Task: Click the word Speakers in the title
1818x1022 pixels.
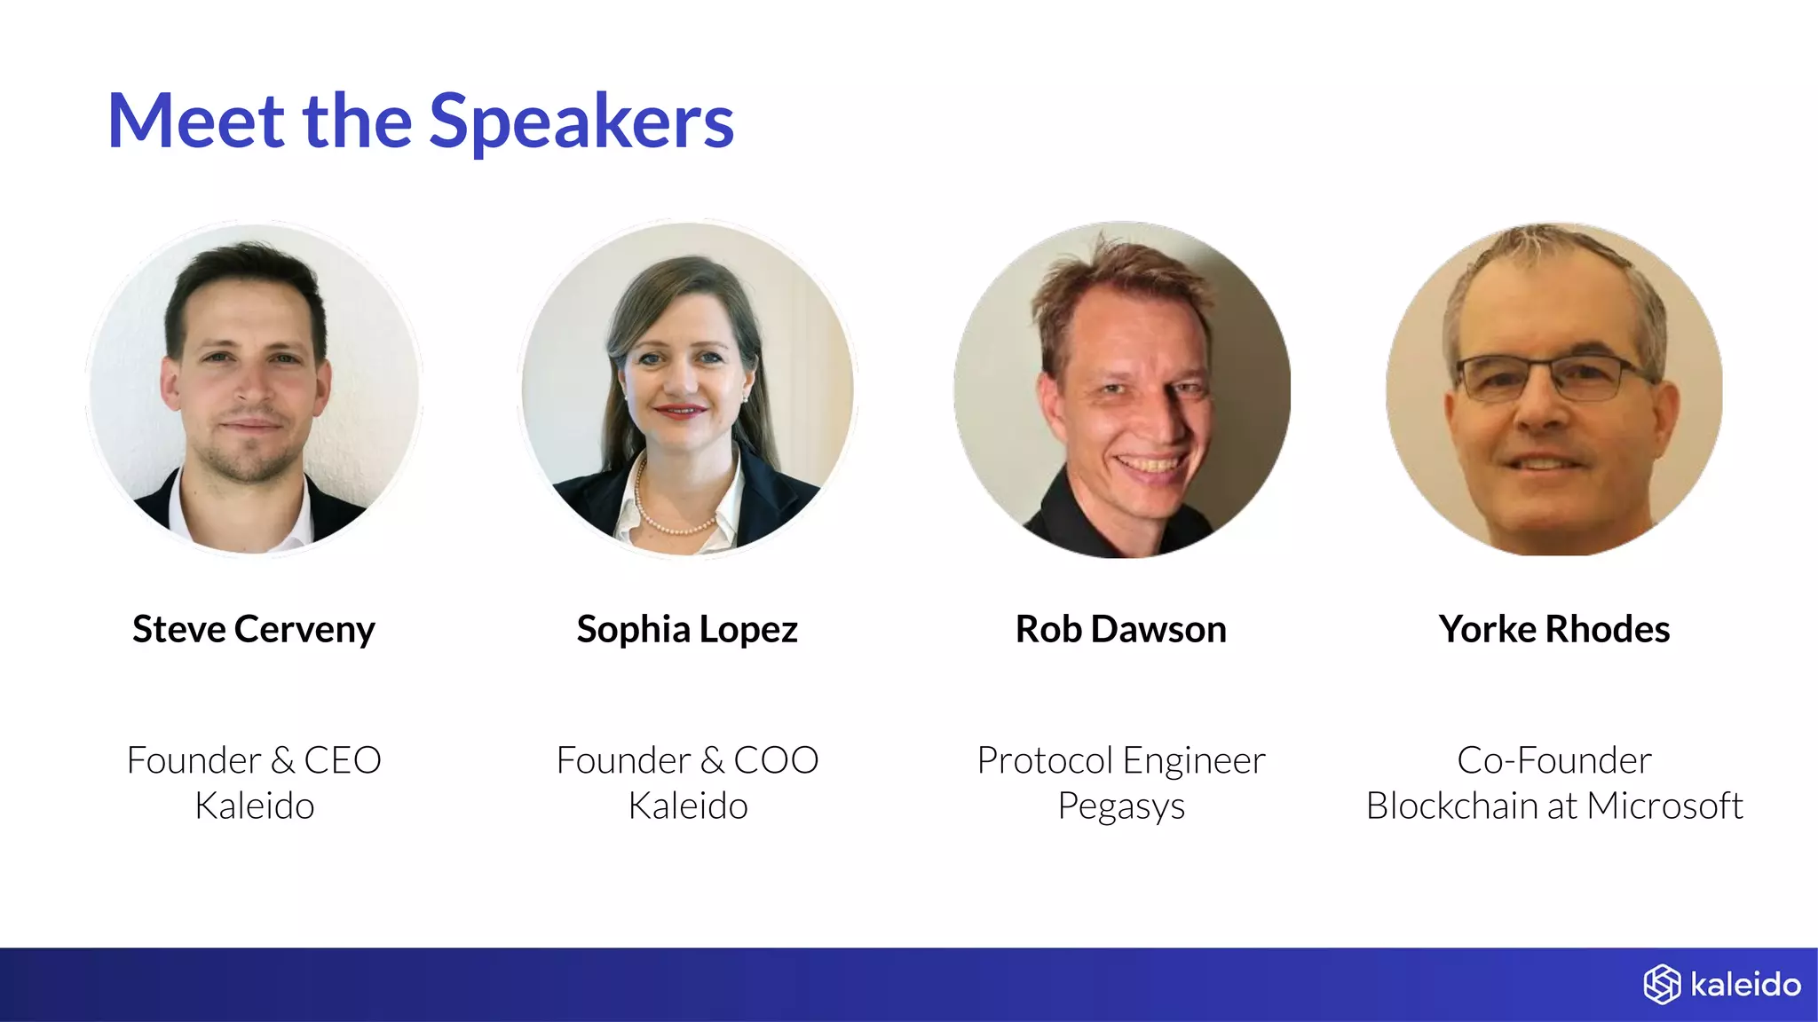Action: [x=581, y=122]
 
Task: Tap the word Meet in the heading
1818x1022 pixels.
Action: [x=196, y=122]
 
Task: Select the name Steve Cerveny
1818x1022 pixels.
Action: [x=254, y=629]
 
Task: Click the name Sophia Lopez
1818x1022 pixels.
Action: [x=687, y=629]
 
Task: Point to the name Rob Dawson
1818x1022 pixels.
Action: [x=1121, y=629]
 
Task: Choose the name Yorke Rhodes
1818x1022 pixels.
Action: [x=1554, y=629]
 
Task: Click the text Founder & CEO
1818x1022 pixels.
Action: [x=254, y=760]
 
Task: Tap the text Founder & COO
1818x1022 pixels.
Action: [x=687, y=760]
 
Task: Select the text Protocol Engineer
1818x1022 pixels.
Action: [x=1121, y=760]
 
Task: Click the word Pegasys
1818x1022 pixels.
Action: [x=1121, y=806]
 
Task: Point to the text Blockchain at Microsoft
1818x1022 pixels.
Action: [x=1554, y=806]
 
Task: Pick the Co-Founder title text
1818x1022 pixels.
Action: [x=1554, y=760]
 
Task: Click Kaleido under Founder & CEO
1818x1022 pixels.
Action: [x=254, y=806]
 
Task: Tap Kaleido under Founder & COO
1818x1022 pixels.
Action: [x=687, y=806]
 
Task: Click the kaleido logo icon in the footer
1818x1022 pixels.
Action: [x=1662, y=985]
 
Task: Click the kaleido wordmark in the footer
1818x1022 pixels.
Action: [x=1745, y=985]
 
